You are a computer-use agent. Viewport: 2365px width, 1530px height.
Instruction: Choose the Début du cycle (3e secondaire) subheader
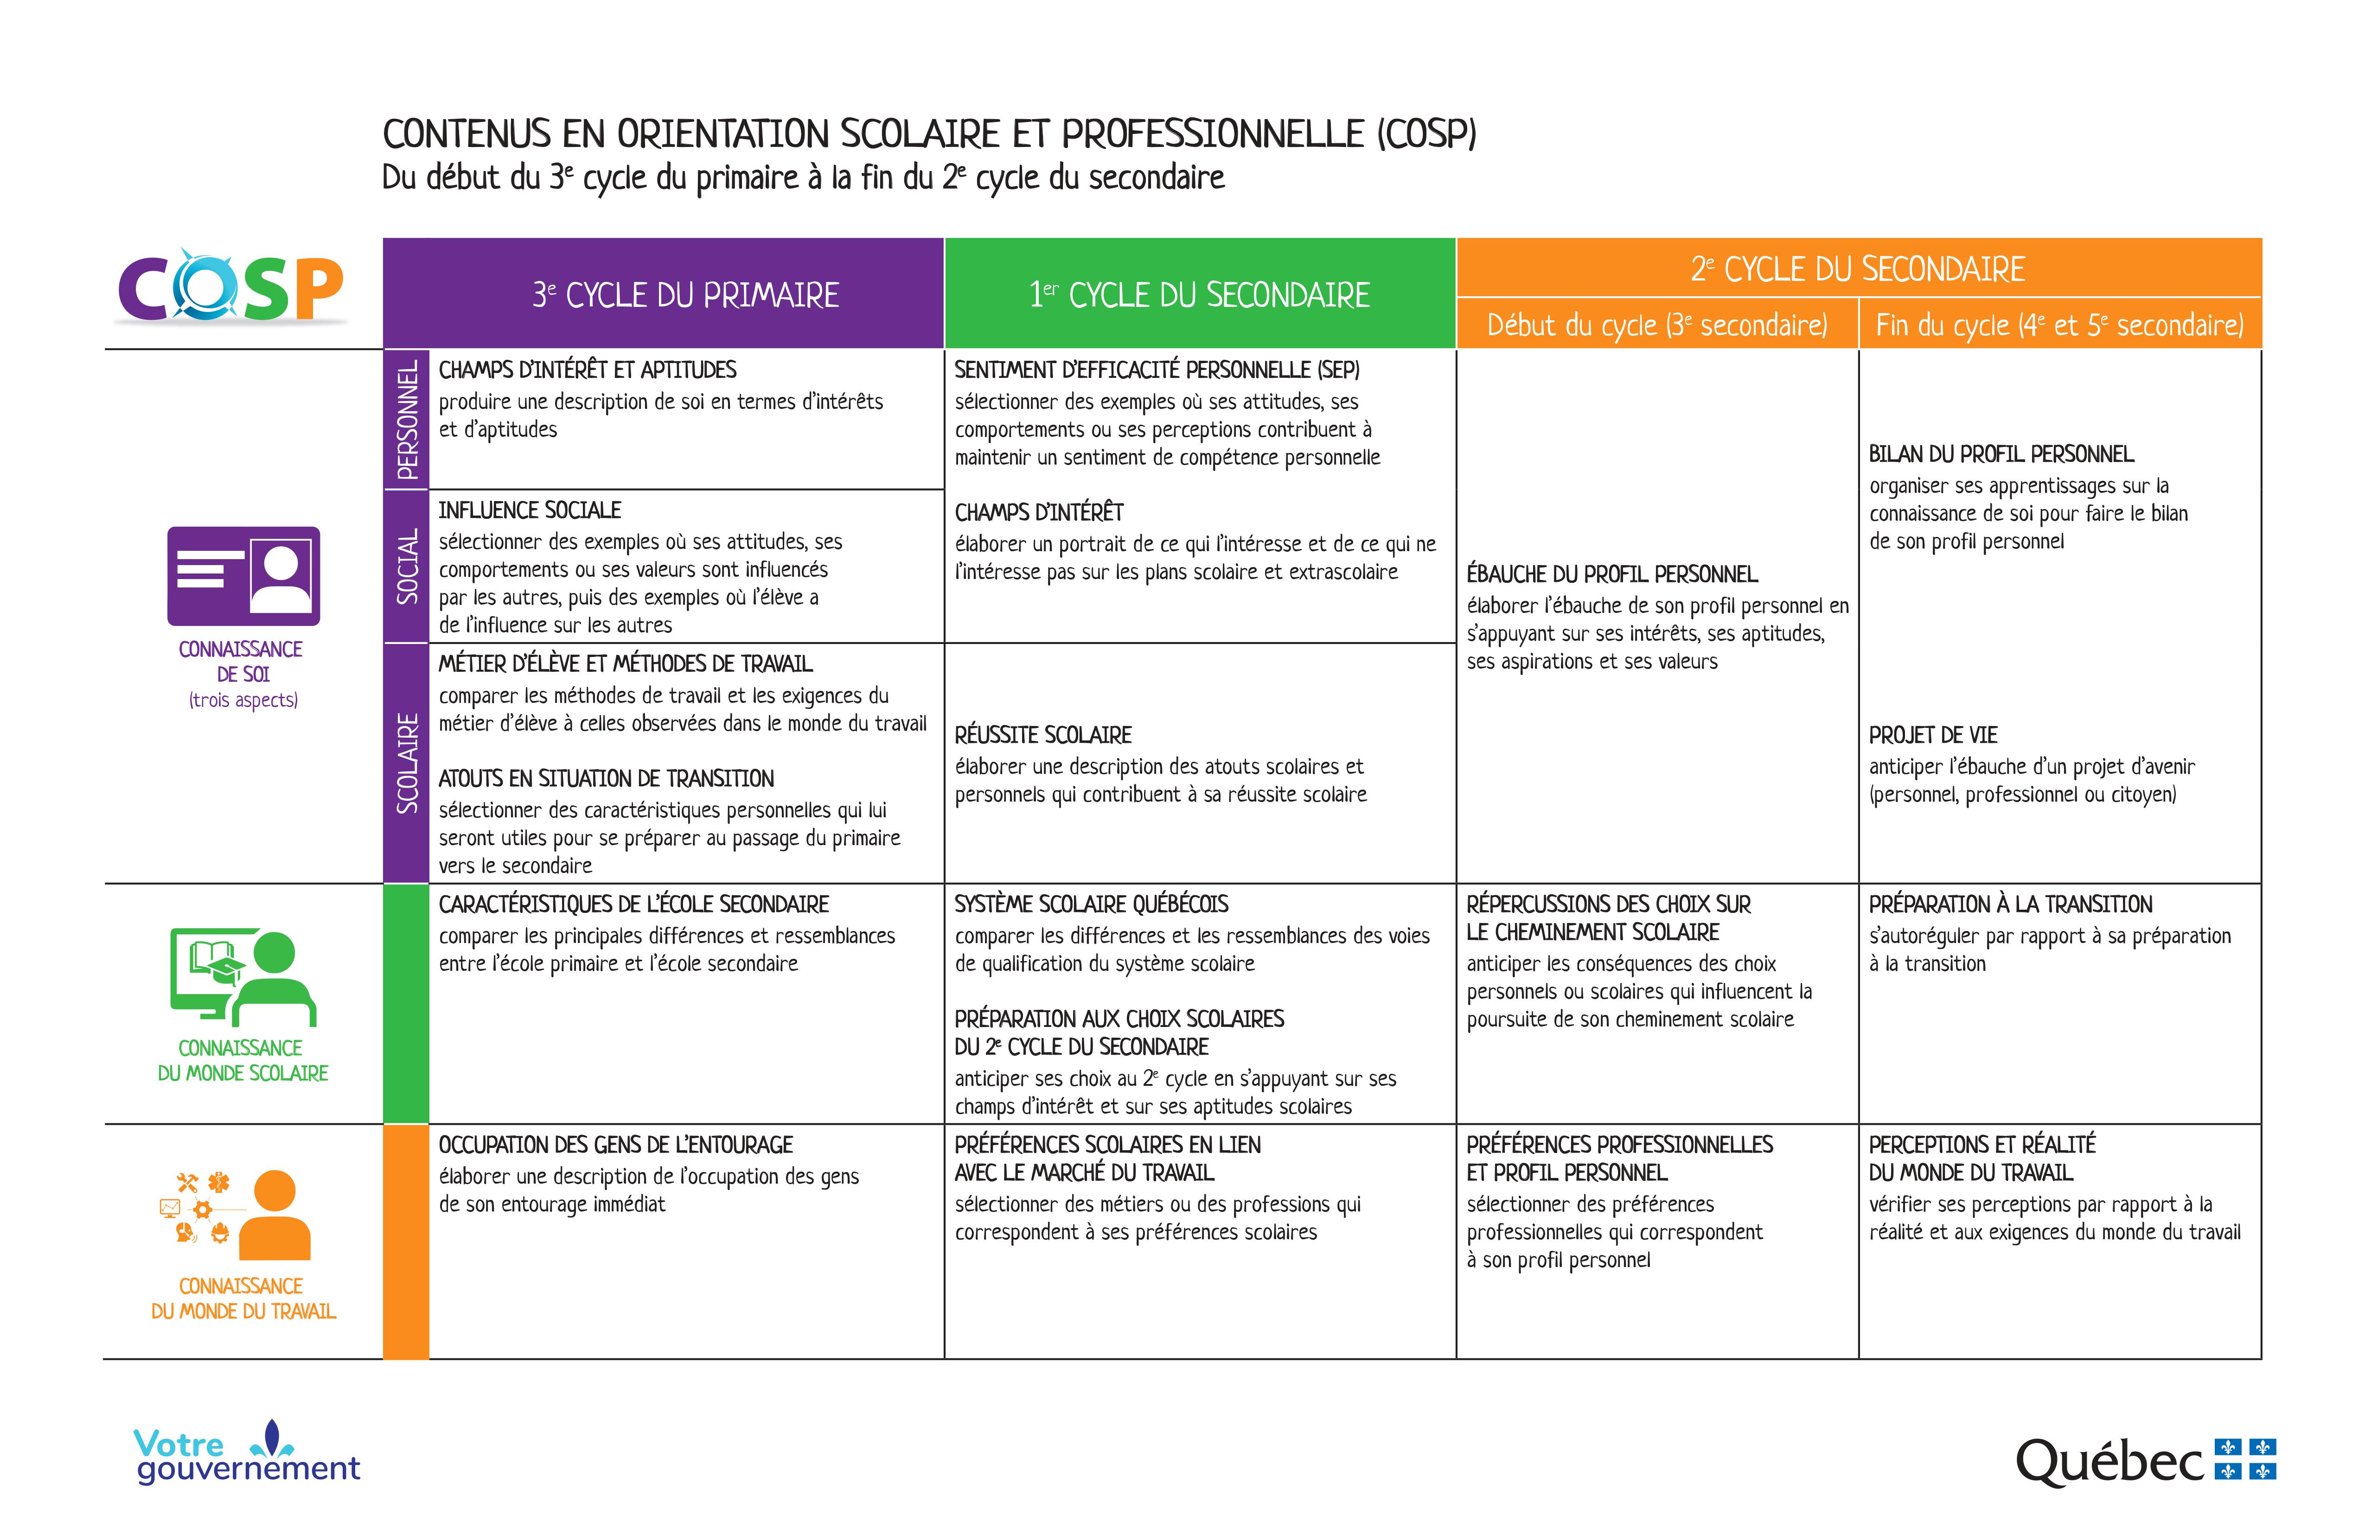(1656, 325)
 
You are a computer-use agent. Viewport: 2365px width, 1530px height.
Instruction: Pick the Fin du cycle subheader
(2059, 325)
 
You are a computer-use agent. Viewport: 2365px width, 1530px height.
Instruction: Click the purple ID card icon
(243, 576)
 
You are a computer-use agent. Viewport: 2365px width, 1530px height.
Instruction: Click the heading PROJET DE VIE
(1933, 735)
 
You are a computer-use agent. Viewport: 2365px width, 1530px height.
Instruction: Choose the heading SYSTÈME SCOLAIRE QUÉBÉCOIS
(1091, 904)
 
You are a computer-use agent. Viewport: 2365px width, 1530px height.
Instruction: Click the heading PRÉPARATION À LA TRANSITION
(2010, 904)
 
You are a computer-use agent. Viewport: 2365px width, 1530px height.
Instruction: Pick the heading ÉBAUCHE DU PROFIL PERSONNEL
(1612, 574)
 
